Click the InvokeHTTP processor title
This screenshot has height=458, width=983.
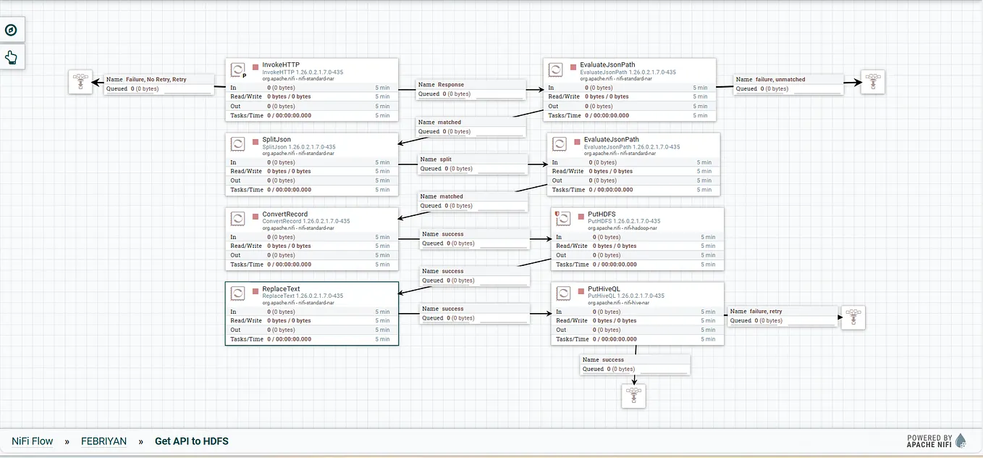(x=280, y=65)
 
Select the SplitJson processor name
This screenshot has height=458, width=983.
(x=277, y=140)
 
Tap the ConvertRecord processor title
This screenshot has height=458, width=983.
(x=284, y=215)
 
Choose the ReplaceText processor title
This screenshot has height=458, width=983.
(x=281, y=289)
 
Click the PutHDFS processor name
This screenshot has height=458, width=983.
(x=602, y=215)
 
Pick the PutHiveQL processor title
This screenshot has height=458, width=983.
(x=604, y=289)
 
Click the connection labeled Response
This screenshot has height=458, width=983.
(x=451, y=85)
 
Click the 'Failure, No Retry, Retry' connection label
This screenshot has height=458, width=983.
(x=155, y=80)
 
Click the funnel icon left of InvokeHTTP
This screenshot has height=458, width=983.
(x=80, y=82)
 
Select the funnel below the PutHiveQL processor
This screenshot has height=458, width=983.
(x=633, y=396)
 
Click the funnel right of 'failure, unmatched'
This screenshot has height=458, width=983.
(x=873, y=82)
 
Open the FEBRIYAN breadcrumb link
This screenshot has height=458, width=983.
(x=104, y=441)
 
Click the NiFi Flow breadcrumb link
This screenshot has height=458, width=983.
(x=32, y=441)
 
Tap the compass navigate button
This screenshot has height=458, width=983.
(x=12, y=30)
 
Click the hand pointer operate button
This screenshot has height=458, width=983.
(x=12, y=57)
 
